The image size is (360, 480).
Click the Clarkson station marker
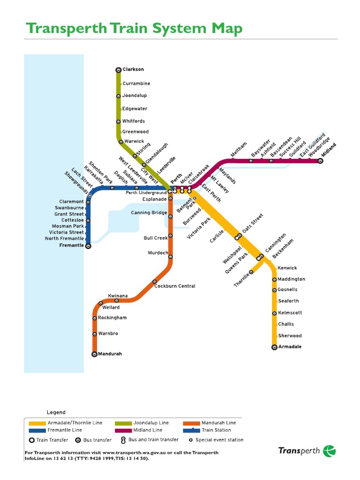click(118, 70)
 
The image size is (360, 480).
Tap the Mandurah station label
click(110, 354)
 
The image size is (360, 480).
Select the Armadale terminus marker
click(274, 347)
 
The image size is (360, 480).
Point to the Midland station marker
click(321, 161)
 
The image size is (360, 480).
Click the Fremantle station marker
click(88, 246)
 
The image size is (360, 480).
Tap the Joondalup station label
click(135, 96)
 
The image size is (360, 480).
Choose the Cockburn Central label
click(175, 286)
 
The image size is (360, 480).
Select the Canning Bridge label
click(149, 213)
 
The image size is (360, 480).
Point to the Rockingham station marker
click(95, 318)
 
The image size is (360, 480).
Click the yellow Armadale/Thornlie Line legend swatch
click(37, 423)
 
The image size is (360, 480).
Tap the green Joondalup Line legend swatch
click(123, 423)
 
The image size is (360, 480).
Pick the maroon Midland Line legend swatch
click(123, 430)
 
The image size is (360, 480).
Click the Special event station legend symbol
click(190, 440)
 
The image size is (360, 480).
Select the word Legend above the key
click(56, 412)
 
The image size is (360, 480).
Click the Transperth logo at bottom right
click(307, 451)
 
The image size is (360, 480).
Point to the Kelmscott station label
click(290, 313)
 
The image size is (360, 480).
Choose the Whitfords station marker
click(118, 122)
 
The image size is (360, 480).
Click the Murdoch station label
click(158, 253)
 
